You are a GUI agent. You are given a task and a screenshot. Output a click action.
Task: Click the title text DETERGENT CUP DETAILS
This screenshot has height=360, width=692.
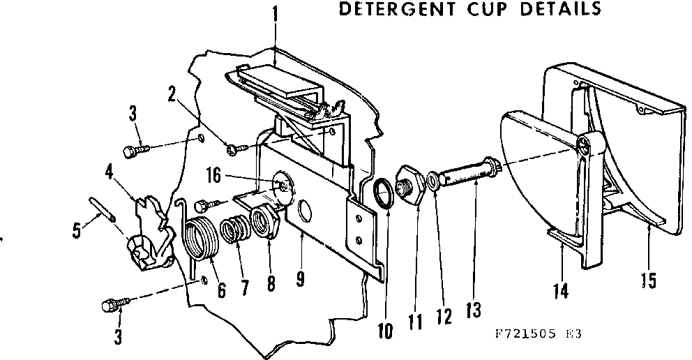(x=469, y=10)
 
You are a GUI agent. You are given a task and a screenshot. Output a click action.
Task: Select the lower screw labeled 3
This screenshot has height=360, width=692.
(x=114, y=304)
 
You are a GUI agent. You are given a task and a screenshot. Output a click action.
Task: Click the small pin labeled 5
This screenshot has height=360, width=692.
(x=103, y=209)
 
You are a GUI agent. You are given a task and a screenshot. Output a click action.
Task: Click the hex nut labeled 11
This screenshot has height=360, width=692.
(x=409, y=184)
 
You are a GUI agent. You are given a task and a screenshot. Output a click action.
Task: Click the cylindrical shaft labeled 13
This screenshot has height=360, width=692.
(x=469, y=172)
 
